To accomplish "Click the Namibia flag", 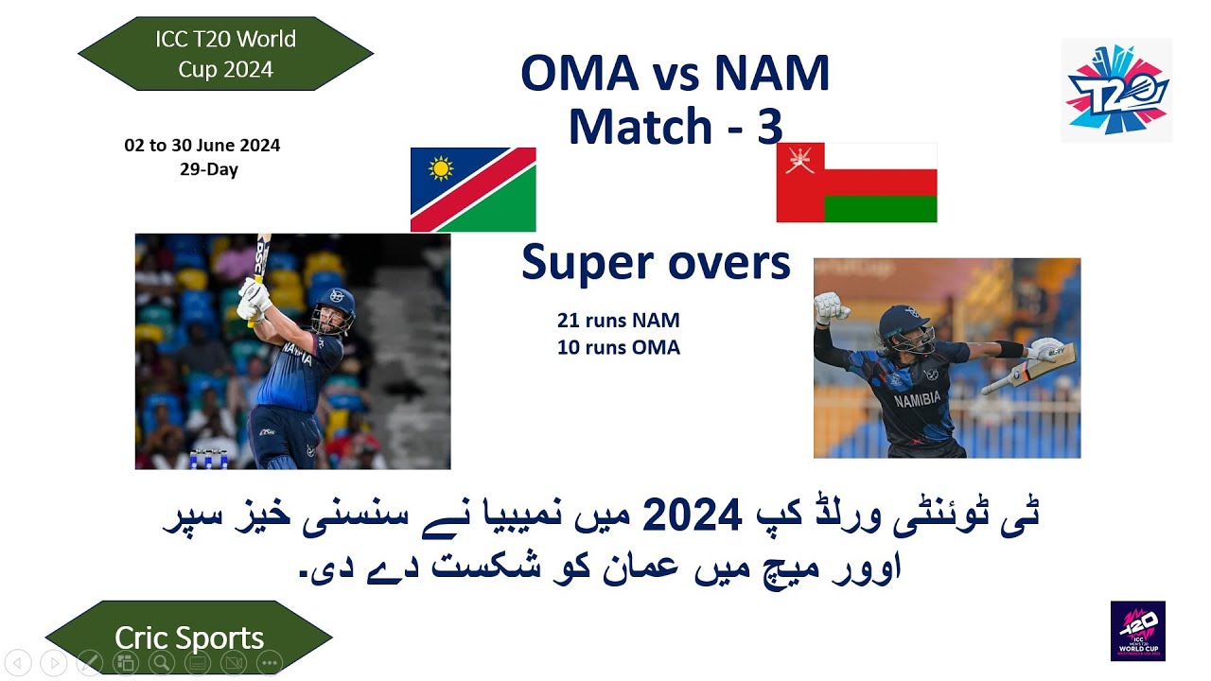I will [473, 189].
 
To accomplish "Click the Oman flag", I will [856, 183].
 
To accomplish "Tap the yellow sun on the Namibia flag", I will [441, 168].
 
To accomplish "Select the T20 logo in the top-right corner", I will [1116, 91].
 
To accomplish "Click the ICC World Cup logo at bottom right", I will [1137, 631].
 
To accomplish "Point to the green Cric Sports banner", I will [189, 637].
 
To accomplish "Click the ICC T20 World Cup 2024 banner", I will [225, 53].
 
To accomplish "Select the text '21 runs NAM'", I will [618, 321].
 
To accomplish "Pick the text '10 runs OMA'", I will [618, 348].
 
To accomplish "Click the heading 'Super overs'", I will [655, 262].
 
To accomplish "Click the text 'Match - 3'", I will [675, 126].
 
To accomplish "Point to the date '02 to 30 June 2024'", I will [202, 146].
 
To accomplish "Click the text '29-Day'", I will [208, 170].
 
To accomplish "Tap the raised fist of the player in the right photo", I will [830, 307].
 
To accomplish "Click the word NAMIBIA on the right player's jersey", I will [917, 398].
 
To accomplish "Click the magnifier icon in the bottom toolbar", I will [162, 663].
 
